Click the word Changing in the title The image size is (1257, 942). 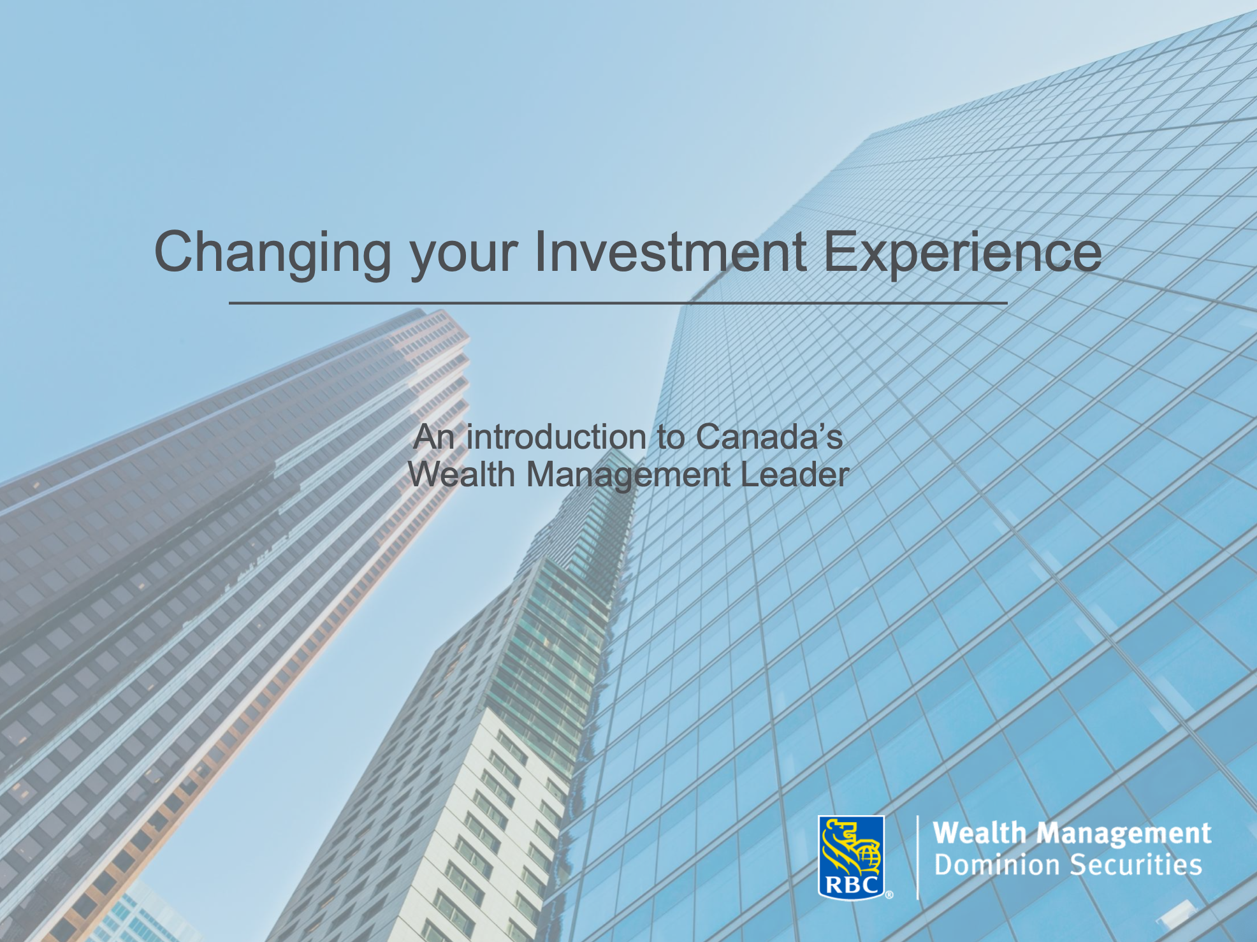[272, 254]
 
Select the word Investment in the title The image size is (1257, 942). [670, 252]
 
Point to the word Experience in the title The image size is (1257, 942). [962, 252]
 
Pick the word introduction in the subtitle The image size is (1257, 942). [556, 438]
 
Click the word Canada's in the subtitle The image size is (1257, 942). [769, 438]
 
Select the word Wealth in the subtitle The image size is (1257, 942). [461, 475]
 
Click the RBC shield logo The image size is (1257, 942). [851, 857]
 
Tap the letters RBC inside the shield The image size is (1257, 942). [851, 885]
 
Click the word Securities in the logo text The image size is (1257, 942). [1136, 866]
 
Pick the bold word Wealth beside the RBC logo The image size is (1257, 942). [979, 833]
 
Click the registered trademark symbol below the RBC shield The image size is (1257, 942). [889, 895]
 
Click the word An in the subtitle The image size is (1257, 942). [433, 438]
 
